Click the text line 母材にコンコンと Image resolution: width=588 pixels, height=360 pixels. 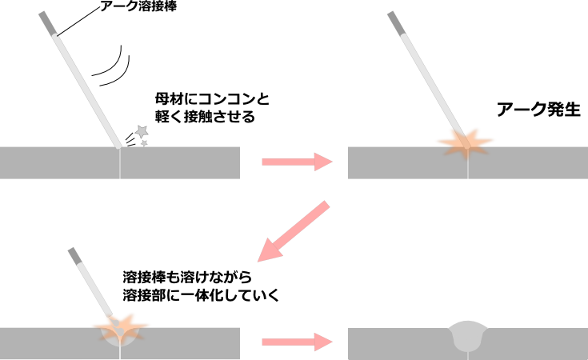212,101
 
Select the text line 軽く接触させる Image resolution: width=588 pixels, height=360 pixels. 204,118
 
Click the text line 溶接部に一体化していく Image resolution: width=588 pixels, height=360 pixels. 200,296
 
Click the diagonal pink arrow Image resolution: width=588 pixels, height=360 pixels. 294,232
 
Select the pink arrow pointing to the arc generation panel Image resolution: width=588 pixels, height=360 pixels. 297,162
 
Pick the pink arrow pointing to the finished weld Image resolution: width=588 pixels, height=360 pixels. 297,342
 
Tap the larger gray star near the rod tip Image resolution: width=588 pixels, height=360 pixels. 142,130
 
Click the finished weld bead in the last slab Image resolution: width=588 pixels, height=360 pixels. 468,335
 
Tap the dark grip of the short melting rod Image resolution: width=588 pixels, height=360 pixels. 74,257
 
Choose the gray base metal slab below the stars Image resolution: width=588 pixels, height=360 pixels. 120,162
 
